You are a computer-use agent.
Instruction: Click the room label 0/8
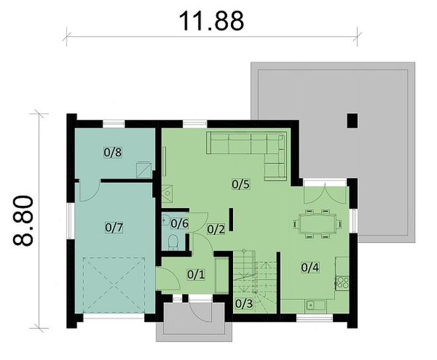tap(113, 152)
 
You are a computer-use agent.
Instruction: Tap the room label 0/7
tap(115, 227)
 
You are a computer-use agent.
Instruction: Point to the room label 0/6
tap(181, 223)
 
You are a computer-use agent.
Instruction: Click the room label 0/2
tap(216, 230)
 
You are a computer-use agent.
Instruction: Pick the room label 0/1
tap(196, 273)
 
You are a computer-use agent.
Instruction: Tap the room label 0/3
tap(244, 304)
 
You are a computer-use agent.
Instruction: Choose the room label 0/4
tap(311, 267)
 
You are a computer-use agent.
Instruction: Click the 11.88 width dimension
tap(212, 20)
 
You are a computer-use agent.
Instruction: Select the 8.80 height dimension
tap(24, 220)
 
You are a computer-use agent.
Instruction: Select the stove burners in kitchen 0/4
tap(343, 283)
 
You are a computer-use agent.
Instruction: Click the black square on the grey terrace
tap(353, 120)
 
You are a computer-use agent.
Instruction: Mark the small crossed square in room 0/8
tap(142, 169)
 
